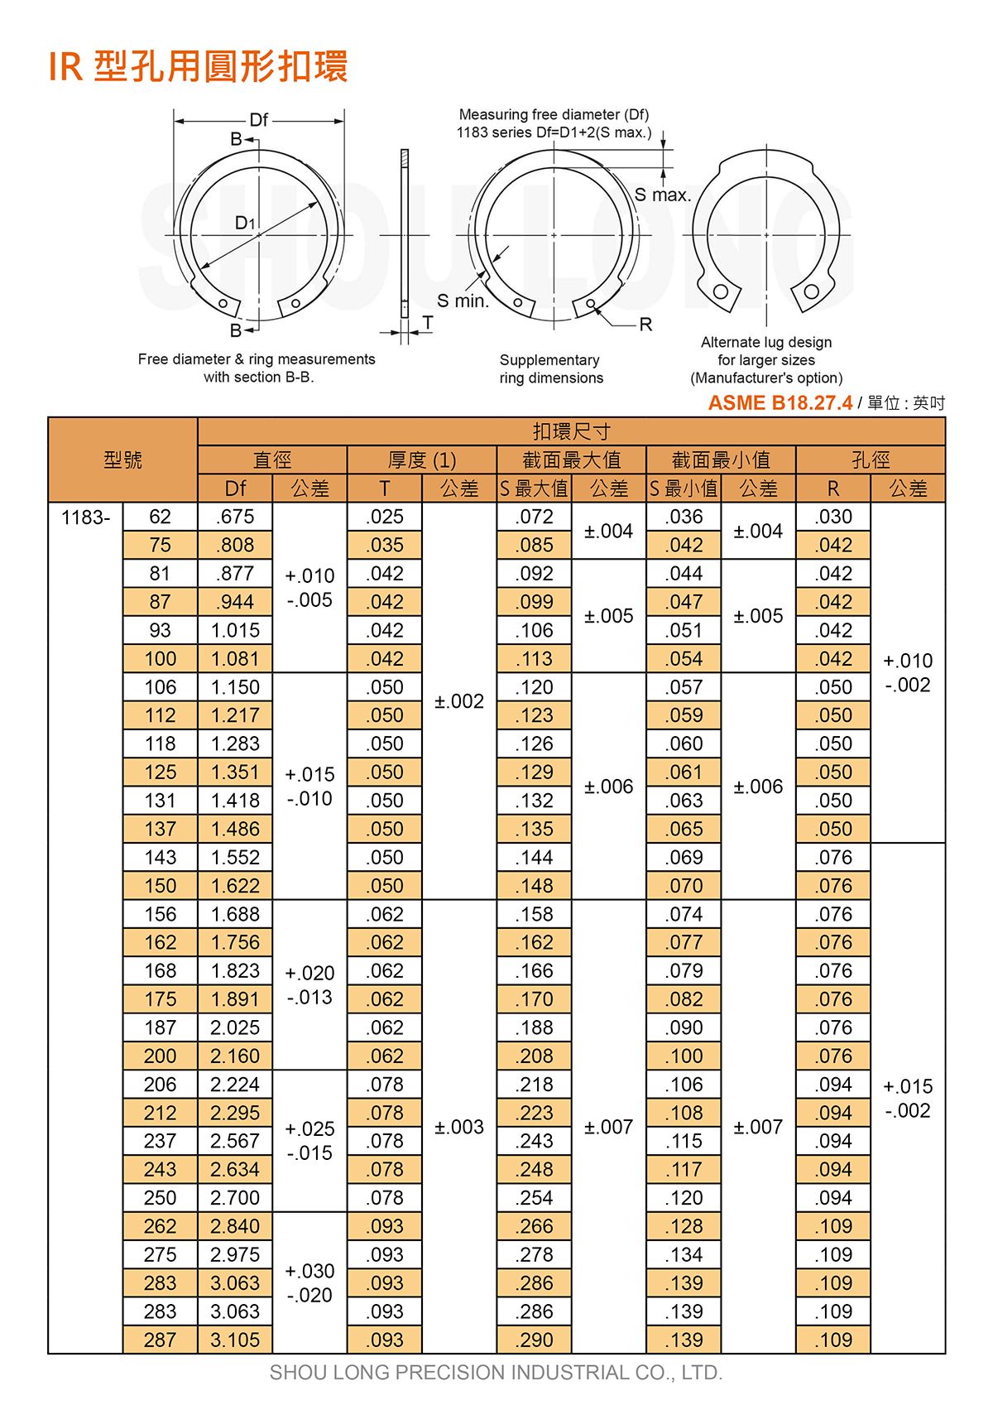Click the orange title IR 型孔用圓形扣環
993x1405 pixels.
click(x=198, y=67)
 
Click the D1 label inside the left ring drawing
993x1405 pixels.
click(x=245, y=223)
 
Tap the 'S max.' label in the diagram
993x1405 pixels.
click(x=662, y=195)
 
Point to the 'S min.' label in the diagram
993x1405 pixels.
click(x=463, y=301)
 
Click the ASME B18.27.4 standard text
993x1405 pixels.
click(x=780, y=403)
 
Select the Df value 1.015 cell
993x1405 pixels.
click(x=235, y=630)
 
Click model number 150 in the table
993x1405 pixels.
click(x=160, y=886)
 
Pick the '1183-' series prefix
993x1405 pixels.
click(x=85, y=517)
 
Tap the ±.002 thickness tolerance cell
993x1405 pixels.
click(x=459, y=701)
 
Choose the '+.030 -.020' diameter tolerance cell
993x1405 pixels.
click(x=309, y=1282)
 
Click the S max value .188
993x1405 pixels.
click(x=535, y=1027)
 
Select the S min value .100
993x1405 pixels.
click(x=684, y=1056)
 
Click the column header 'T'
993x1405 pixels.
click(x=385, y=488)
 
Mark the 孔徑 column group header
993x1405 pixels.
click(x=871, y=460)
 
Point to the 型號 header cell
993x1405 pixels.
click(x=123, y=460)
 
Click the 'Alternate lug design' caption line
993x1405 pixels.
click(x=765, y=342)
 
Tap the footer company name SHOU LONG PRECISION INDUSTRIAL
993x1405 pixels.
click(x=496, y=1372)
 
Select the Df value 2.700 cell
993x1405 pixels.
click(x=235, y=1197)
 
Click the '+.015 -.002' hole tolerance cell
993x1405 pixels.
click(x=908, y=1098)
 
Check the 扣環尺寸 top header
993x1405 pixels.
click(x=571, y=431)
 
